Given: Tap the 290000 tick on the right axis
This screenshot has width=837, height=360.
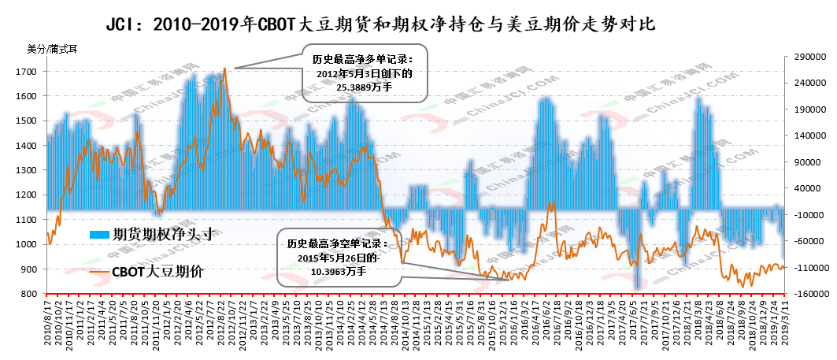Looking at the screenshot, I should pyautogui.click(x=806, y=57).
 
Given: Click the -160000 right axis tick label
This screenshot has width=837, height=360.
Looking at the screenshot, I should pyautogui.click(x=808, y=294).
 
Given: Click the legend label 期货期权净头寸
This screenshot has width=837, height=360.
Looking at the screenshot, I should pyautogui.click(x=164, y=233).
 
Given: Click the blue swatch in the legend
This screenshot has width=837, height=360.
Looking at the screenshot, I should pyautogui.click(x=99, y=234).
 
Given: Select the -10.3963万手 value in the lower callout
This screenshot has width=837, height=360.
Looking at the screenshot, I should pyautogui.click(x=339, y=270).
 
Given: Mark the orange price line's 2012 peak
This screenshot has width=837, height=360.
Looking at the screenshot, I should pyautogui.click(x=224, y=69).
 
